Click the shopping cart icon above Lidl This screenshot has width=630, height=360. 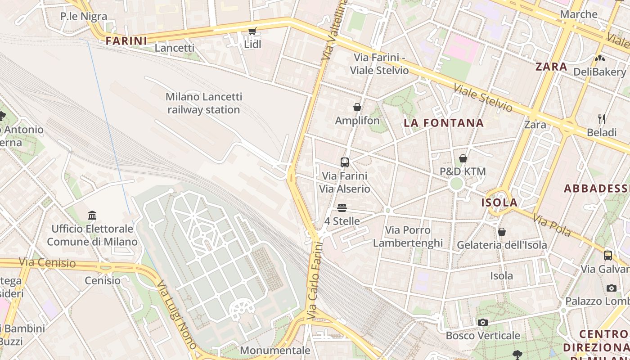coord(252,31)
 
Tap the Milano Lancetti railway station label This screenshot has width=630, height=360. coord(204,103)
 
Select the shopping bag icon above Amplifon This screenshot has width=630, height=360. coord(357,107)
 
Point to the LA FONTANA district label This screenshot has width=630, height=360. coord(444,123)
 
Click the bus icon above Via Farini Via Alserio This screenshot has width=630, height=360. coord(345,162)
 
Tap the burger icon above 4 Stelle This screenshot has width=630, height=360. coord(342,208)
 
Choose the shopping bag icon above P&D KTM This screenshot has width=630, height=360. coord(463,158)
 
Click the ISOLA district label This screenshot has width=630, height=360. coord(499,202)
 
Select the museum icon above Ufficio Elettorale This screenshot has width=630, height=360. coord(92,215)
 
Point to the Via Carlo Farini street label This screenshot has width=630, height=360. coord(315,281)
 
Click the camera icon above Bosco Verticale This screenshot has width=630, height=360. coord(483,322)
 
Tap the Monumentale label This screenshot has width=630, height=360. coord(275,350)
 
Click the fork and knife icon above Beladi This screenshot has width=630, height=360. coord(602,119)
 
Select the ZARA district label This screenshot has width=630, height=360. coord(551,67)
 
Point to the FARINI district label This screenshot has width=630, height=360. coord(126,41)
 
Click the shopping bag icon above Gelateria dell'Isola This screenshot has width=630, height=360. coord(502,232)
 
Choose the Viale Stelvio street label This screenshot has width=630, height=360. coord(483,97)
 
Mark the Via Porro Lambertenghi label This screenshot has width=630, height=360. coord(408,237)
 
